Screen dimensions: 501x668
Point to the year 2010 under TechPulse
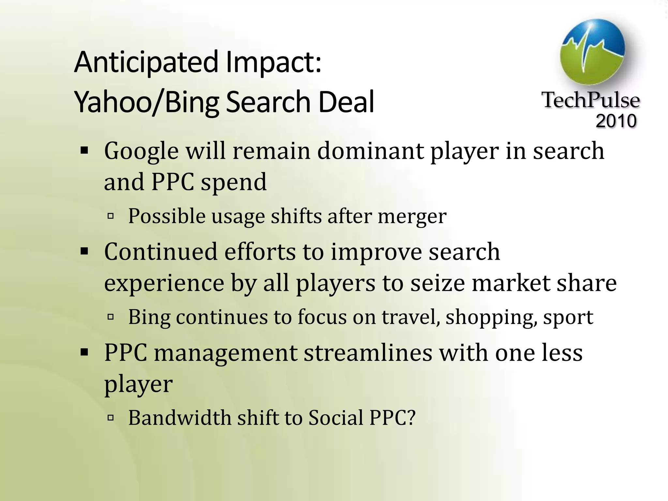[x=616, y=121]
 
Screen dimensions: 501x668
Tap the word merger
[x=412, y=216]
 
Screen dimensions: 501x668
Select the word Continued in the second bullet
[x=161, y=252]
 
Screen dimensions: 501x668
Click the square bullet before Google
[x=84, y=151]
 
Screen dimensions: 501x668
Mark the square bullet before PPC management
[x=84, y=353]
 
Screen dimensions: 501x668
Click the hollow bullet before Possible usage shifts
[x=111, y=216]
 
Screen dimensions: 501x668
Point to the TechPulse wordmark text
[x=591, y=100]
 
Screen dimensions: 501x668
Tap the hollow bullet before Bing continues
[x=111, y=317]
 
